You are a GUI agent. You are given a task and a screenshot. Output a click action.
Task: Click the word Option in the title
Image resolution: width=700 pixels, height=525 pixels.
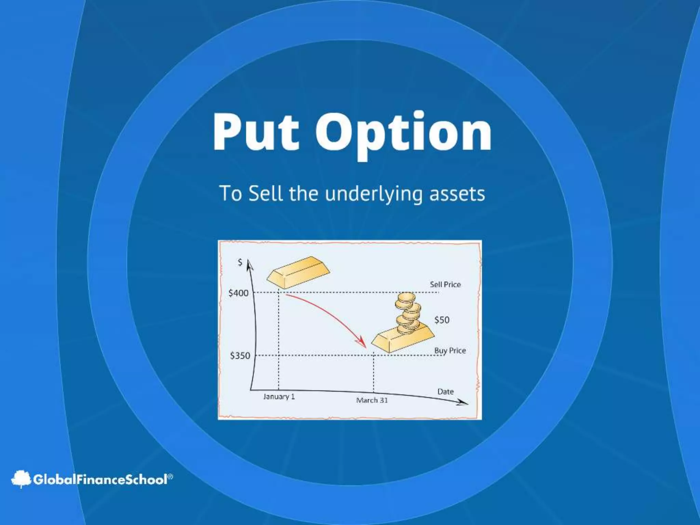(403, 133)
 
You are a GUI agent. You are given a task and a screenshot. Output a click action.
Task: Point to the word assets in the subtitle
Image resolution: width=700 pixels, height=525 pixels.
(457, 193)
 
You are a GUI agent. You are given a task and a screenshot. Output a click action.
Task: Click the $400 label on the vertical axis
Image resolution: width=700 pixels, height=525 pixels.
(238, 293)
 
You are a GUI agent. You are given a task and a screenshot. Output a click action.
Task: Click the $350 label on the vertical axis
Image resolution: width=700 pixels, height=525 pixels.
(240, 356)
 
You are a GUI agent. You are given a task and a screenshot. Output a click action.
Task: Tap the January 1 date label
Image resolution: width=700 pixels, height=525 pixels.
(279, 396)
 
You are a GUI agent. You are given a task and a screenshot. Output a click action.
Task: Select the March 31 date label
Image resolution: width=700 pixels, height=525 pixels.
(372, 400)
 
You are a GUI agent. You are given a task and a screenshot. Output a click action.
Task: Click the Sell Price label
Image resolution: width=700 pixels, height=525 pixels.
(445, 284)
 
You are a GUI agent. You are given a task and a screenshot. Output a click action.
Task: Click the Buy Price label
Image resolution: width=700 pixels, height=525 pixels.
(450, 350)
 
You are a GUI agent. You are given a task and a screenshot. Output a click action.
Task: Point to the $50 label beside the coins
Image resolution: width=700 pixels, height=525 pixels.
(442, 320)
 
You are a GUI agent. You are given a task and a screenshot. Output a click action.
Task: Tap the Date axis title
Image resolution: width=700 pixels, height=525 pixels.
(445, 391)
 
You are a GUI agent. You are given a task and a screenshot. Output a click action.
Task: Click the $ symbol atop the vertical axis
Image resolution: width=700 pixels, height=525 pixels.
(240, 262)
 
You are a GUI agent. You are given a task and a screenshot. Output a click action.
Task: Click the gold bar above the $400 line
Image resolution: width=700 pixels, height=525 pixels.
(298, 272)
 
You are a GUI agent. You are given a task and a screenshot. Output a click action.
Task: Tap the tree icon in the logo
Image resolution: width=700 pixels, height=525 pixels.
(21, 479)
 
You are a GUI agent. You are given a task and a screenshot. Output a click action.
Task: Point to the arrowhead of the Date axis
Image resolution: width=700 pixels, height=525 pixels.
(463, 403)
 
